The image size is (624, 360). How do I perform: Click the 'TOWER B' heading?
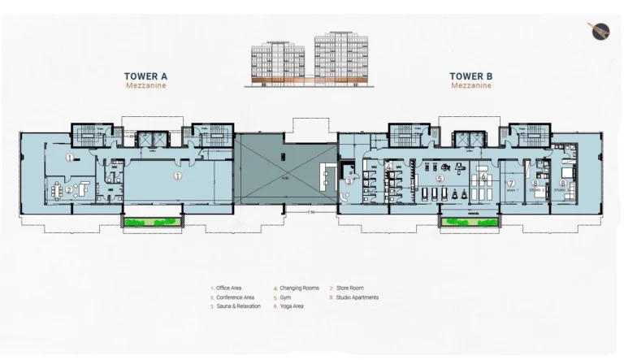pos(471,76)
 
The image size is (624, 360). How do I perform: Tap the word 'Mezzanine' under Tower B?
pos(471,85)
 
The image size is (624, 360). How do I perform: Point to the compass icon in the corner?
pos(599,31)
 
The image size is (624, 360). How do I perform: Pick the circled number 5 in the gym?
pos(440,178)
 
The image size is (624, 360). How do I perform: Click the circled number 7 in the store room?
pos(511,183)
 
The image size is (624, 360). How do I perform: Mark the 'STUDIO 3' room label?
pos(561,191)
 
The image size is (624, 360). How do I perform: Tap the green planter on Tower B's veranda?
pos(470,220)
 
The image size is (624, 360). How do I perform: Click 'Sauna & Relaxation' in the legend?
pos(238,306)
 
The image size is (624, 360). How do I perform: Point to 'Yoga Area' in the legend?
pos(292,306)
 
